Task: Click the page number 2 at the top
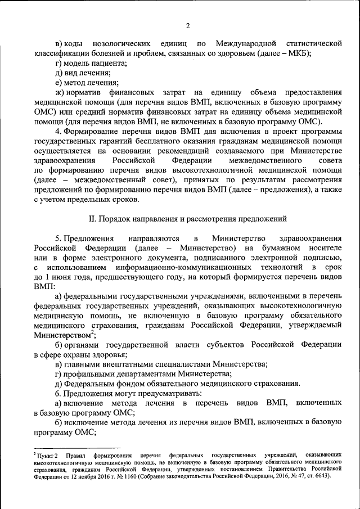coord(188,25)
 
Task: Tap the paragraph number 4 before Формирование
coord(57,131)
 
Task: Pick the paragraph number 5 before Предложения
coord(57,238)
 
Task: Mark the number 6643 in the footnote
coord(320,475)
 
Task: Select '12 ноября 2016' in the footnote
coord(82,475)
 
